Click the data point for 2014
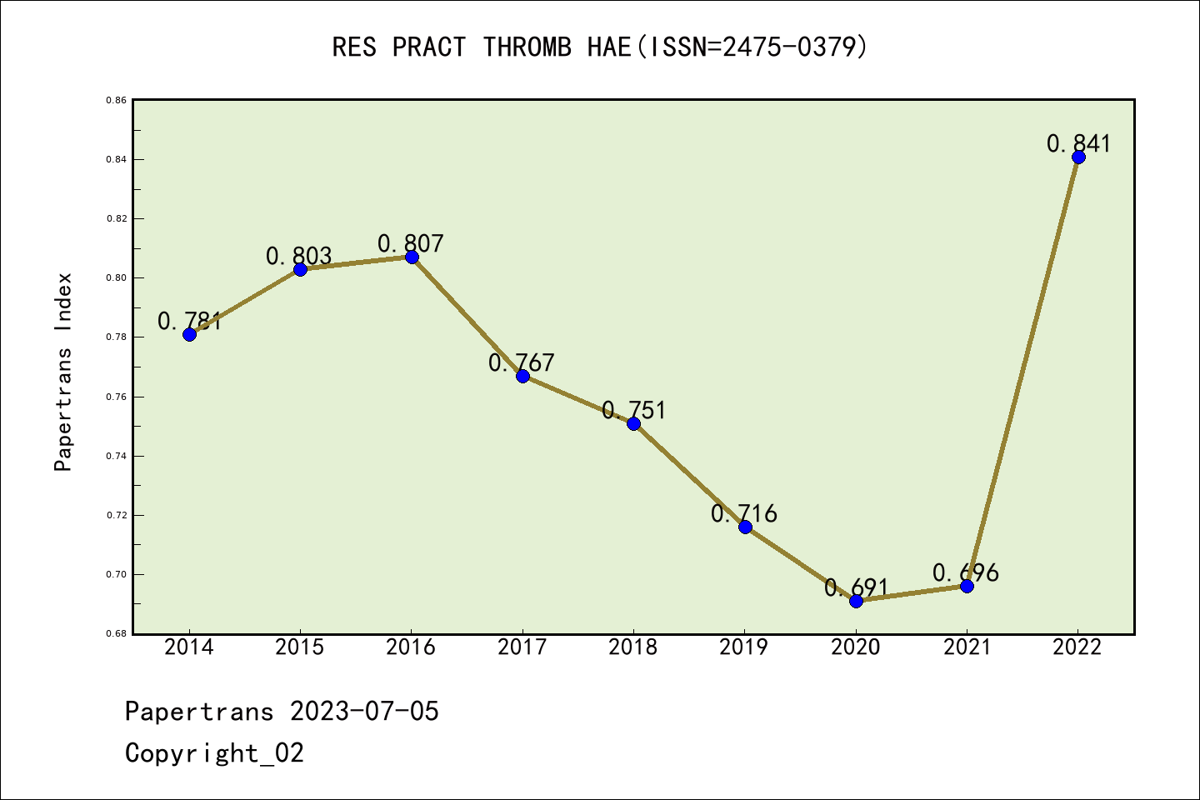[x=189, y=334]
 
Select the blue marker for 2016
[x=412, y=257]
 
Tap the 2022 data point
[x=1078, y=157]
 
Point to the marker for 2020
[x=856, y=601]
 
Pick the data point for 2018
[x=633, y=423]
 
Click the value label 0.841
[x=1078, y=143]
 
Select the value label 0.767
[x=522, y=362]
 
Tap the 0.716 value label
[x=743, y=513]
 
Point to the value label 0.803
[x=299, y=256]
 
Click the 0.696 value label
[x=965, y=572]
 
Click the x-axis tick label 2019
[x=744, y=647]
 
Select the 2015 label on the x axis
[x=300, y=647]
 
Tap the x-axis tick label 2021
[x=967, y=647]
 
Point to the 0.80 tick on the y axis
[x=116, y=277]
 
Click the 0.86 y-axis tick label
[x=116, y=100]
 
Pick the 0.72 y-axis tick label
[x=116, y=515]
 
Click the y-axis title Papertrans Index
[x=63, y=372]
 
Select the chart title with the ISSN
[x=600, y=47]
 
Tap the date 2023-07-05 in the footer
[x=364, y=712]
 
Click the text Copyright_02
[x=214, y=753]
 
